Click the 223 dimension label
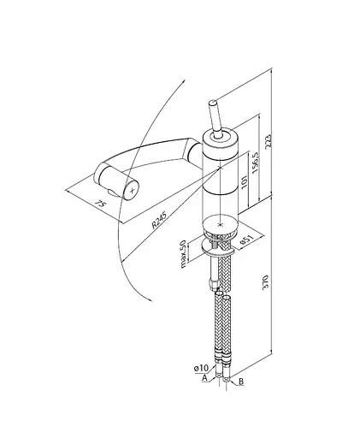[x=269, y=141]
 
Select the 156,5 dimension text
[x=256, y=162]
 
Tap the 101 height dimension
[x=245, y=181]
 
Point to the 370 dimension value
[x=265, y=282]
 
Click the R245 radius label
[x=158, y=220]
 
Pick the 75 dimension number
[x=100, y=204]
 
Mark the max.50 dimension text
[x=184, y=254]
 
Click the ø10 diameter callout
[x=201, y=368]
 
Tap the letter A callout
[x=204, y=378]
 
